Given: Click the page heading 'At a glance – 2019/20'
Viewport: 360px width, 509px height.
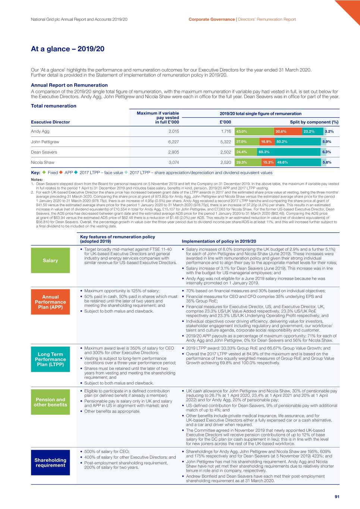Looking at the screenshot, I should (x=68, y=49).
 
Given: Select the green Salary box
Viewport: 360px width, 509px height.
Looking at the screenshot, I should (x=50, y=260).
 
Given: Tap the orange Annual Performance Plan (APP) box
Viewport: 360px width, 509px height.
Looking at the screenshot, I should (x=50, y=302).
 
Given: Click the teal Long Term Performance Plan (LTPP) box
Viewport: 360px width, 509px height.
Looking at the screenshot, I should (x=50, y=359).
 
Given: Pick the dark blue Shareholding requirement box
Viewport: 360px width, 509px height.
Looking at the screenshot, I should (x=50, y=462).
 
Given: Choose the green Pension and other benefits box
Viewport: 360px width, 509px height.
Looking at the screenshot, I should (x=50, y=402).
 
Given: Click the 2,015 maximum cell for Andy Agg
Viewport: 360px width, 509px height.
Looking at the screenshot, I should (x=173, y=131).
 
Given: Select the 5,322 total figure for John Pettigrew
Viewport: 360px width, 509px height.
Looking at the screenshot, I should (x=226, y=142).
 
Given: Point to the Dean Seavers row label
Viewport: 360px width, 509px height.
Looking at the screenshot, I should (x=44, y=152).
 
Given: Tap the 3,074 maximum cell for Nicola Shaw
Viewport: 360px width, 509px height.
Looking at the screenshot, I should (x=173, y=163).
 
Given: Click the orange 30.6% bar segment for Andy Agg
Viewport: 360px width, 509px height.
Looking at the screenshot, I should (x=288, y=131).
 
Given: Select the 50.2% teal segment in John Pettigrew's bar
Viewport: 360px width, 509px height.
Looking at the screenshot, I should (x=298, y=142).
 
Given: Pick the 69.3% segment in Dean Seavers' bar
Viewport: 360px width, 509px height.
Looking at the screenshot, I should (x=289, y=152).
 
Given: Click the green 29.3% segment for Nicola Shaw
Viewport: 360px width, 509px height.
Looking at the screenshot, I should (x=248, y=163).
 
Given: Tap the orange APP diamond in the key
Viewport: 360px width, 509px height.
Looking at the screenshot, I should (x=61, y=172).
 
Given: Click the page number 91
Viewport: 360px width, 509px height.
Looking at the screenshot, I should (x=337, y=497).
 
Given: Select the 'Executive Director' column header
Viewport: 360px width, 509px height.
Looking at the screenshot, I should (x=50, y=122).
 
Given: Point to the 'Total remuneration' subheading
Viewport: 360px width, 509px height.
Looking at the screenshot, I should (x=53, y=106).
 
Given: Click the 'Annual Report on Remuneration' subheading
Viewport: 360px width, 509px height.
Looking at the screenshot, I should (x=69, y=85).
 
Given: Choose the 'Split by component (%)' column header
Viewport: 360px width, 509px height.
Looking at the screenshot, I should (x=314, y=122).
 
